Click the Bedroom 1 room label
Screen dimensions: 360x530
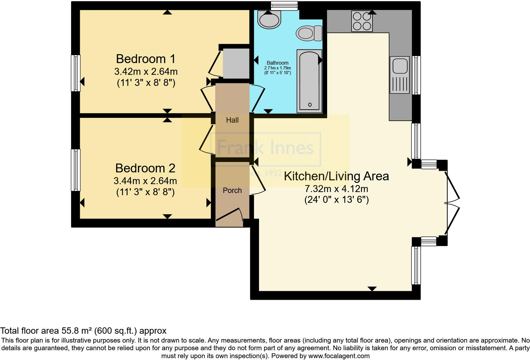145,59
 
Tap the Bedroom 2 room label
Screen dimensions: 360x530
145,168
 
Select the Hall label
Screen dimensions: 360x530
232,120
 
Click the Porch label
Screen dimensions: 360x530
232,190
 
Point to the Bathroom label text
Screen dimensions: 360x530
277,63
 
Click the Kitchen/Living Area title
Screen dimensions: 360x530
336,176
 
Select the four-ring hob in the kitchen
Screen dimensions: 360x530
362,22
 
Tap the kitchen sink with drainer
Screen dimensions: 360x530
400,75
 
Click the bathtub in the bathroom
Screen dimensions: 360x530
309,81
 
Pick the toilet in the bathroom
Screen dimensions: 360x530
309,33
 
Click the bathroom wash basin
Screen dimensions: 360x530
269,19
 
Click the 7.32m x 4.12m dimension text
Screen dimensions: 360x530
336,189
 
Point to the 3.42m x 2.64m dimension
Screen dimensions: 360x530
146,71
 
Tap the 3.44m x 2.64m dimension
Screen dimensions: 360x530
145,181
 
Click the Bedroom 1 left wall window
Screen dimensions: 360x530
75,73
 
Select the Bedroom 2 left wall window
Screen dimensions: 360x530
75,170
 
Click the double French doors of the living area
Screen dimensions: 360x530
452,203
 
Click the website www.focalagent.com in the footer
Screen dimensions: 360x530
339,356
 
